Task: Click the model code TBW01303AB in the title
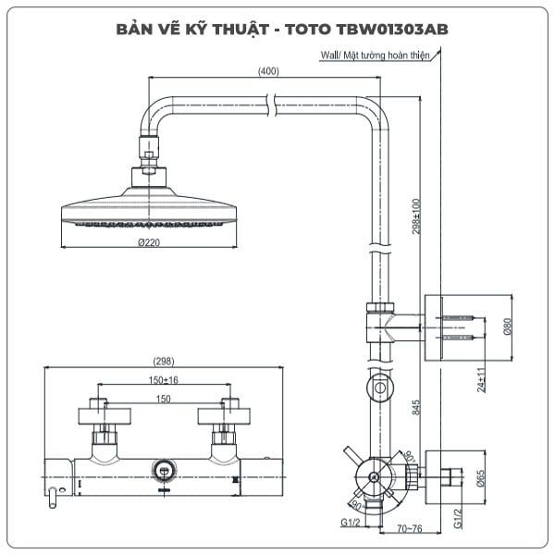pyautogui.click(x=392, y=30)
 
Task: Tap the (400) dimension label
pyautogui.click(x=268, y=71)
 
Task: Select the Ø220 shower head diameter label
pyautogui.click(x=149, y=242)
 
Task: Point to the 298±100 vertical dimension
pyautogui.click(x=416, y=216)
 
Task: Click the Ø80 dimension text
pyautogui.click(x=508, y=327)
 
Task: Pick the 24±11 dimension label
pyautogui.click(x=481, y=380)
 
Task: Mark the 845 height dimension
pyautogui.click(x=416, y=407)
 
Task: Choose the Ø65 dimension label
pyautogui.click(x=480, y=478)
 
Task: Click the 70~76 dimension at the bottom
pyautogui.click(x=410, y=528)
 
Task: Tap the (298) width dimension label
pyautogui.click(x=164, y=362)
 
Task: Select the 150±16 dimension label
pyautogui.click(x=163, y=380)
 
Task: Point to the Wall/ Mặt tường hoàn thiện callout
pyautogui.click(x=375, y=55)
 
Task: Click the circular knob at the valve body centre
pyautogui.click(x=164, y=471)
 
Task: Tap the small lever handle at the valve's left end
pyautogui.click(x=53, y=498)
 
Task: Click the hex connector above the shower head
pyautogui.click(x=149, y=155)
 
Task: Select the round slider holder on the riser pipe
pyautogui.click(x=380, y=388)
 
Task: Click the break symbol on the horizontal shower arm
pyautogui.click(x=272, y=105)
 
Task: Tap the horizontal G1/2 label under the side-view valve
pyautogui.click(x=350, y=523)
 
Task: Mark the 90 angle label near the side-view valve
pyautogui.click(x=356, y=506)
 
